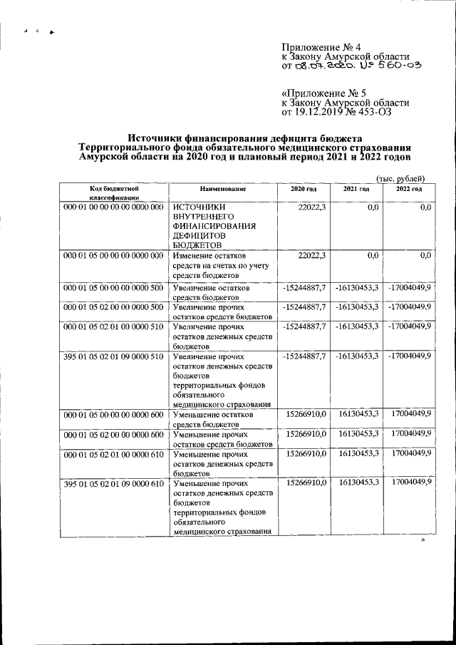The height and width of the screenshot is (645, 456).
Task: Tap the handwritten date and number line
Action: click(352, 66)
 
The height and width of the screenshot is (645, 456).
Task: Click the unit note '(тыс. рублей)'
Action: click(400, 177)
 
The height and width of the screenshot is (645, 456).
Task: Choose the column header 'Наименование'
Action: click(223, 188)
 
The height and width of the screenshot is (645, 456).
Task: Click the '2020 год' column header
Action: click(304, 188)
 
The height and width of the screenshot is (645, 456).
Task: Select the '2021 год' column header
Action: click(356, 188)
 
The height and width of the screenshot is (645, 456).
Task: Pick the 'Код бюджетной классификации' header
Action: click(113, 192)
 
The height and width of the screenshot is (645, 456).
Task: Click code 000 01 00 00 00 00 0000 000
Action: click(114, 207)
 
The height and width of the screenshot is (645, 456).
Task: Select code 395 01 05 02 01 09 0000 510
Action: click(114, 356)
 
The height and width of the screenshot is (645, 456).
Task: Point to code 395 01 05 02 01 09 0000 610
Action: click(114, 484)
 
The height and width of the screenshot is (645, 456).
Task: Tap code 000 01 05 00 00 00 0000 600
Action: click(114, 415)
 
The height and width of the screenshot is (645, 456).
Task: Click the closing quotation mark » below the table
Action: click(423, 541)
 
